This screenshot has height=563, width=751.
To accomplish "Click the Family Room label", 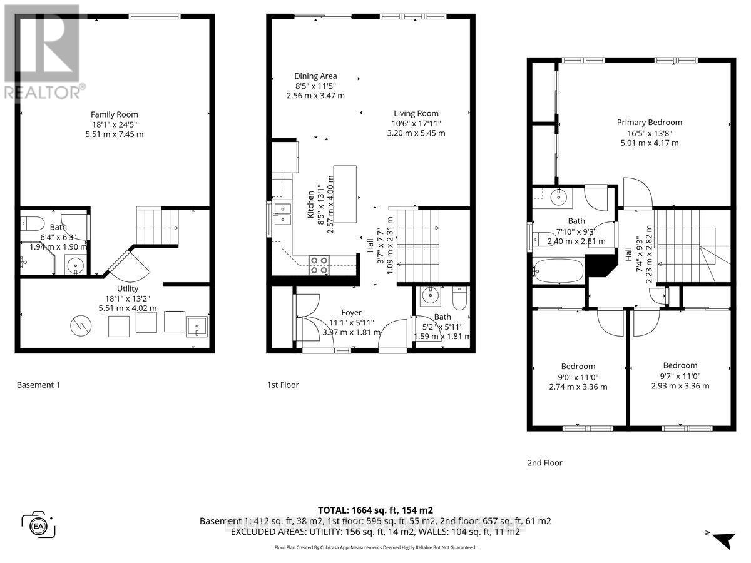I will [115, 114].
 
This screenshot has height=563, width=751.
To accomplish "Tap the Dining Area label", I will [315, 76].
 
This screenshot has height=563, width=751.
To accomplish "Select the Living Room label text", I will [416, 113].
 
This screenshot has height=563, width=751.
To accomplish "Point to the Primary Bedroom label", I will [649, 123].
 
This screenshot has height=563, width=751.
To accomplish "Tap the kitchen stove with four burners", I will [319, 266].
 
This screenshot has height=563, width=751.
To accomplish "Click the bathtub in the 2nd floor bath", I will [558, 271].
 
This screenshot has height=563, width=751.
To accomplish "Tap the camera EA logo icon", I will [38, 524].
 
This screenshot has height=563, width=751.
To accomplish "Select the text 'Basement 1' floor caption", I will [38, 385].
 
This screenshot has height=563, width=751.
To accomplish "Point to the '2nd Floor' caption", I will [544, 463].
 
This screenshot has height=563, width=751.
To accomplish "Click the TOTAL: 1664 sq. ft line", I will [375, 510].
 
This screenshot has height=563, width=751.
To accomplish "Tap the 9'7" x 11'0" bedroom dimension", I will [680, 376].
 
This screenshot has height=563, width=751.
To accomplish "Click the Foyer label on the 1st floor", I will [351, 312].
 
